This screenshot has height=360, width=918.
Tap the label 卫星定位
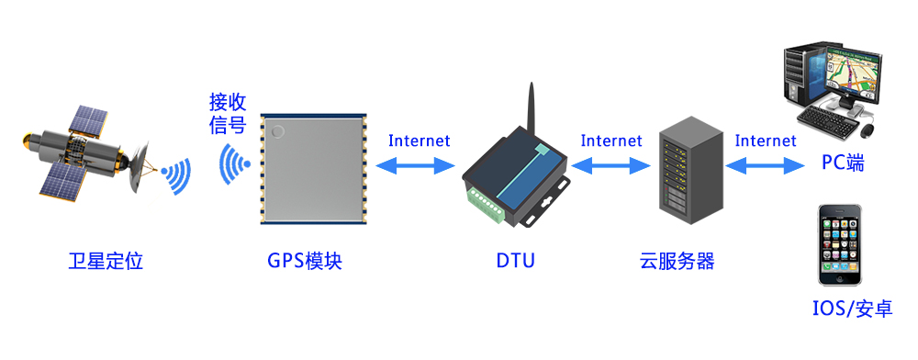pos(106,261)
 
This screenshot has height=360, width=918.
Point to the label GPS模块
pos(305,261)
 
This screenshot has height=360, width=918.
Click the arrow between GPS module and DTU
pos(418,166)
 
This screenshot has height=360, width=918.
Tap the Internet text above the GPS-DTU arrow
pos(419,141)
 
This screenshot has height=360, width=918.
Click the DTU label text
pos(515,261)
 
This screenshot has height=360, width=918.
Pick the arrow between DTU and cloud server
pos(610,166)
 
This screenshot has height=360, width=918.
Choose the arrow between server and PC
pos(765,166)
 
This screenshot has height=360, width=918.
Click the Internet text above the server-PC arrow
pos(766,141)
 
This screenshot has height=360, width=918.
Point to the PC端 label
pos(843,164)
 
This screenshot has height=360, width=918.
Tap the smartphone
pos(843,245)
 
